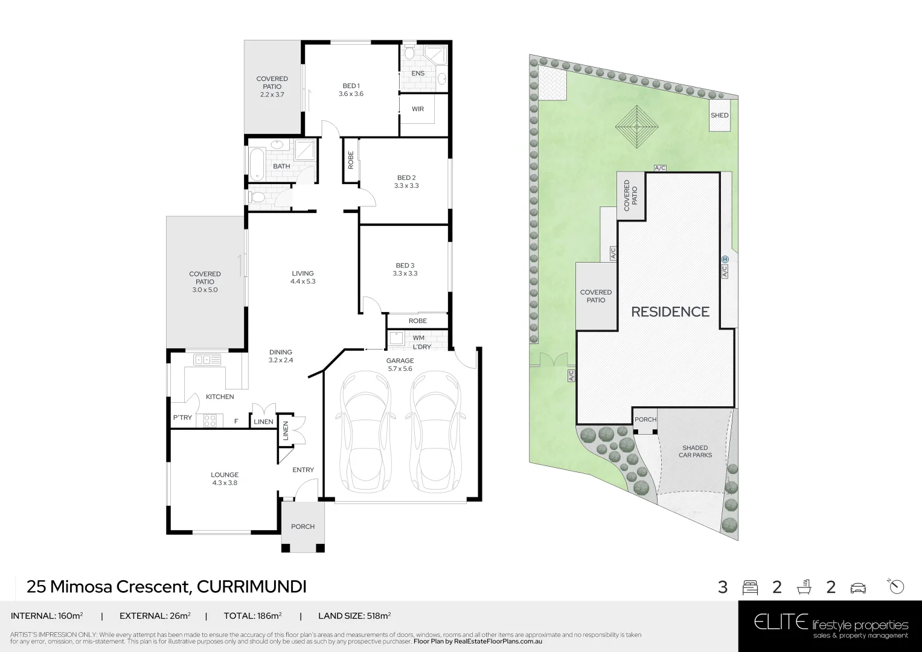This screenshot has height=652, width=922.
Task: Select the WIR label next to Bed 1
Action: click(x=417, y=109)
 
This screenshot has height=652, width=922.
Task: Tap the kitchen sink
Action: click(x=206, y=360)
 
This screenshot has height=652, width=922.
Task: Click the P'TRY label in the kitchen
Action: click(x=182, y=418)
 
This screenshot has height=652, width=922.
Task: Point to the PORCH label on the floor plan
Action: click(x=303, y=526)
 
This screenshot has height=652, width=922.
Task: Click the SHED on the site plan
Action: click(x=719, y=115)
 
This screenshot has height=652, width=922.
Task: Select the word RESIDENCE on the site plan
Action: click(x=670, y=312)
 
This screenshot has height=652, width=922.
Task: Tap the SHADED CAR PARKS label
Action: click(x=695, y=451)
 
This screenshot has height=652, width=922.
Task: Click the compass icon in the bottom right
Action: click(x=897, y=586)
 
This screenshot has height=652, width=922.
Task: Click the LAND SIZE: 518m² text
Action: click(x=354, y=616)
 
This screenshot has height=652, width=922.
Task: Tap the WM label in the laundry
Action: click(x=418, y=337)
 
